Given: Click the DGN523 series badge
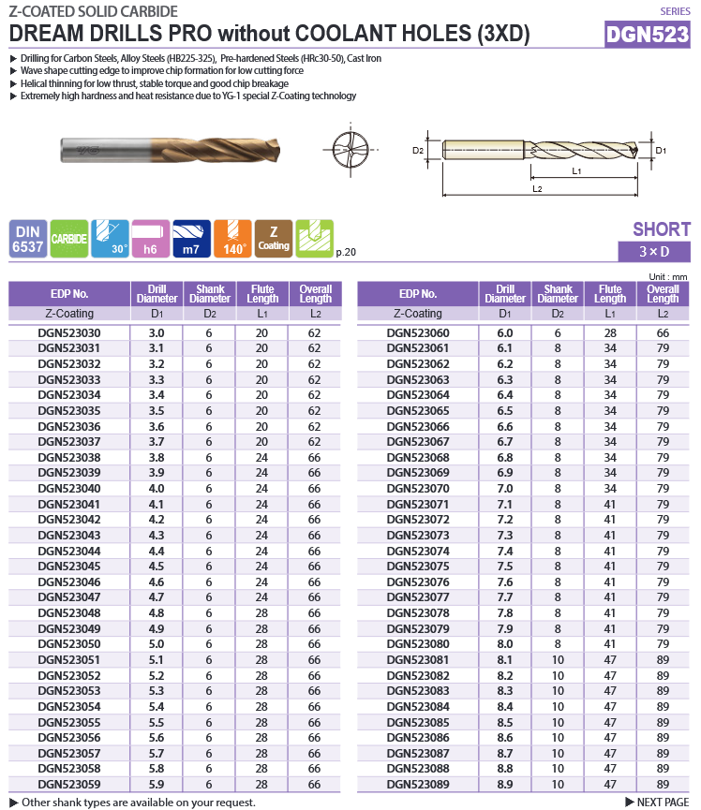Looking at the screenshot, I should [x=648, y=35].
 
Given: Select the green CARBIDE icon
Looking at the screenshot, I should [x=69, y=239].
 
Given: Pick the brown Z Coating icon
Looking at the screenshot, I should [x=274, y=239].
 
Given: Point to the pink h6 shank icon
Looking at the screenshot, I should [x=151, y=239].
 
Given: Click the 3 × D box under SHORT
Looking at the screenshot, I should [x=654, y=252].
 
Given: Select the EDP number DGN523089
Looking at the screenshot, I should [x=418, y=784].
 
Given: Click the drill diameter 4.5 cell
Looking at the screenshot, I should [x=157, y=567].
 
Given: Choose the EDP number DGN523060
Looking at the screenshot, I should [x=418, y=332].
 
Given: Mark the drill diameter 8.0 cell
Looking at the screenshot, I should [x=505, y=644].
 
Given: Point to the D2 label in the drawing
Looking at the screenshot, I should [x=418, y=150].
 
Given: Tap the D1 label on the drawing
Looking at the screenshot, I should [x=661, y=150].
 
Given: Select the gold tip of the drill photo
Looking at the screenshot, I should [x=272, y=149].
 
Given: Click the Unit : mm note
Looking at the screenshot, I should [x=668, y=276].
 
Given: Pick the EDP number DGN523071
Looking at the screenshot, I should [x=418, y=504].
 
